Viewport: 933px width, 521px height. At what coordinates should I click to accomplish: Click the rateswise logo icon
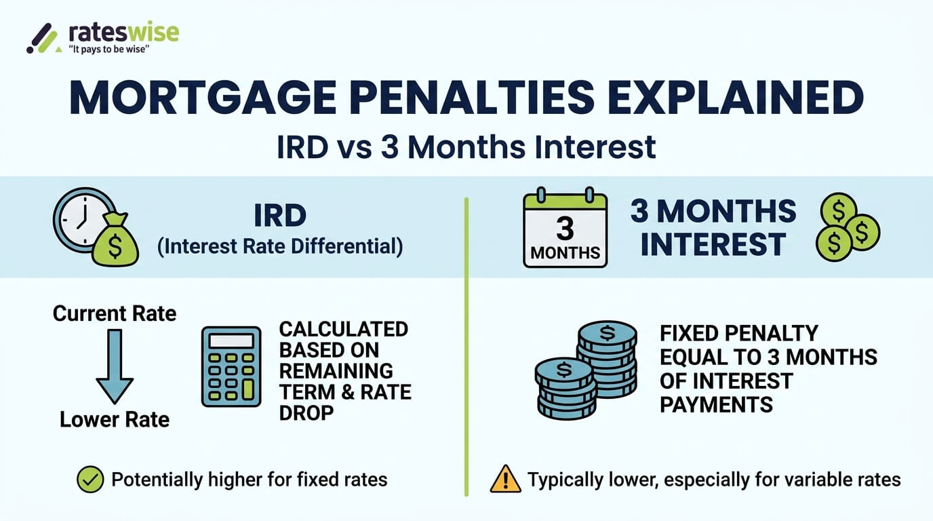[x=41, y=39]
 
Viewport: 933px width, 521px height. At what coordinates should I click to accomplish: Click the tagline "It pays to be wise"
[x=109, y=50]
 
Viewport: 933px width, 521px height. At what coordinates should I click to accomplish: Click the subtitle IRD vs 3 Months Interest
[x=466, y=147]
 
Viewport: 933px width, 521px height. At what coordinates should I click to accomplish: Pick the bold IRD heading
[x=279, y=216]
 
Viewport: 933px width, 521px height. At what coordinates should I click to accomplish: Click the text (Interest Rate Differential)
[x=280, y=246]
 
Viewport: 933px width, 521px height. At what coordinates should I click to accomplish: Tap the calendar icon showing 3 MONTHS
[x=565, y=229]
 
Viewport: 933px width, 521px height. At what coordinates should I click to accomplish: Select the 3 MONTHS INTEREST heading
[x=713, y=229]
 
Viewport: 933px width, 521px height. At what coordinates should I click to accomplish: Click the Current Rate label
[x=115, y=313]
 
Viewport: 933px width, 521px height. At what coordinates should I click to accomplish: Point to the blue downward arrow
[x=115, y=366]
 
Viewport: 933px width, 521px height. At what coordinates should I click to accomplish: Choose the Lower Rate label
[x=115, y=420]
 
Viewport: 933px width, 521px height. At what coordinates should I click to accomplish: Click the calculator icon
[x=231, y=366]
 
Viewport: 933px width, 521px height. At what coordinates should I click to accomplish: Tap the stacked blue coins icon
[x=587, y=370]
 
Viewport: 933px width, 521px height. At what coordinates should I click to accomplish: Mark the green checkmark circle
[x=90, y=480]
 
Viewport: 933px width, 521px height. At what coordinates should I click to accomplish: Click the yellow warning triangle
[x=505, y=480]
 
